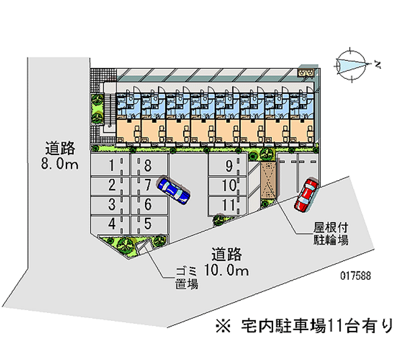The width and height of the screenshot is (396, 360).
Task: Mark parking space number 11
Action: pos(228,205)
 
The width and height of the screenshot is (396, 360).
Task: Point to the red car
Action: pos(306,195)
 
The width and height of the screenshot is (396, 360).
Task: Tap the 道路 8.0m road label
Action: pos(60,155)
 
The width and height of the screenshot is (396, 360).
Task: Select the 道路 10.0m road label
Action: pos(228,262)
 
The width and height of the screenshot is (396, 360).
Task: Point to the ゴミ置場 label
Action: pos(186,277)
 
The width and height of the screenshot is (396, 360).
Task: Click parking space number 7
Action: pos(147,185)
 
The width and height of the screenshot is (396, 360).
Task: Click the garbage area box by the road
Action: pos(144,247)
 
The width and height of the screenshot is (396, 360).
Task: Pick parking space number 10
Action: pos(228,186)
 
